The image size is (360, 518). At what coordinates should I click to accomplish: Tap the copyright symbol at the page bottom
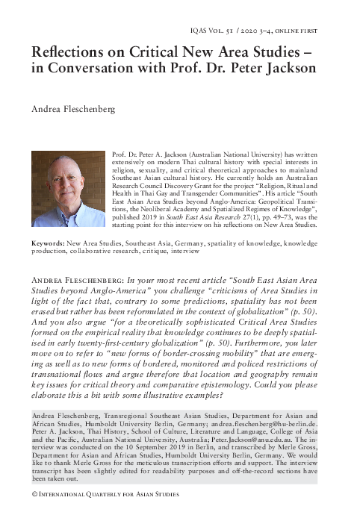tap(33, 494)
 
